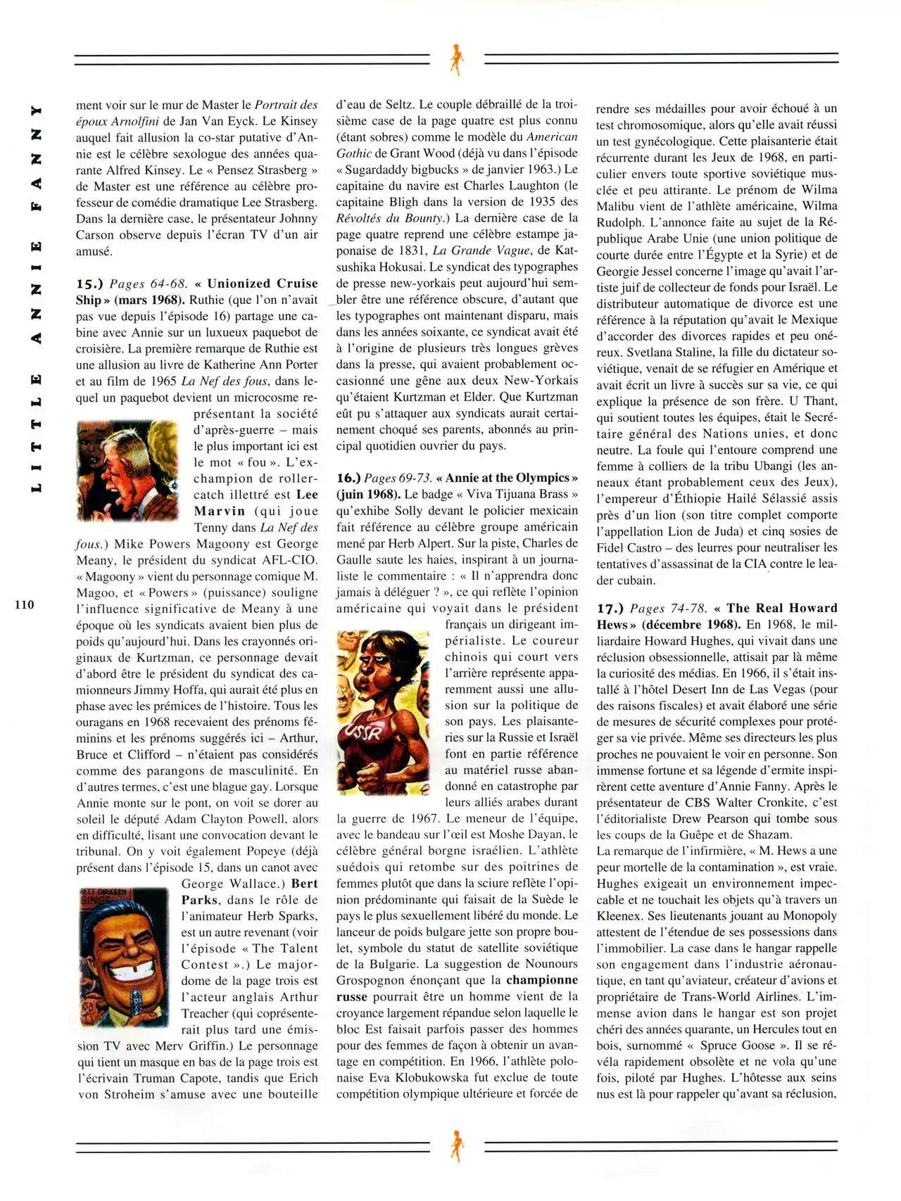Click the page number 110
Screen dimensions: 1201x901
23,604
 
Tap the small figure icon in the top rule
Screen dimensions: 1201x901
457,59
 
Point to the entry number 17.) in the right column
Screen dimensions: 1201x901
610,609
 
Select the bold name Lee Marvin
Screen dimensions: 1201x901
255,503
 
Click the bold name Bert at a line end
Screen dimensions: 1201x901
304,884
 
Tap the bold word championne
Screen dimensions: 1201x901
541,981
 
